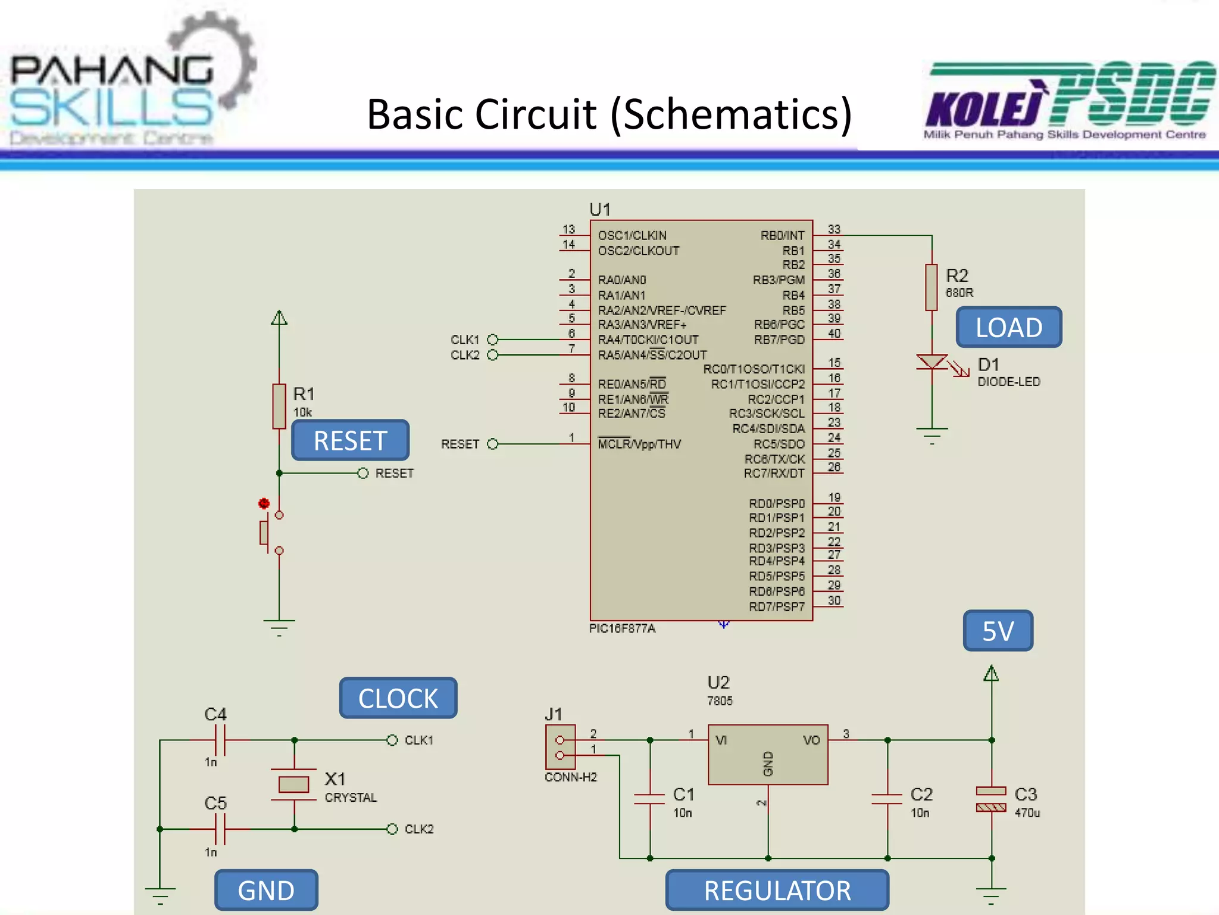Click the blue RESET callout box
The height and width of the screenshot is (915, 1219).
pos(350,441)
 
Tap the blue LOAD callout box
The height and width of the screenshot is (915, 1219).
pos(1008,327)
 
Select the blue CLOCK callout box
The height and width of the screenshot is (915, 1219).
pos(398,698)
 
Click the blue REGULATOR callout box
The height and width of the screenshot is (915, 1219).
pos(777,891)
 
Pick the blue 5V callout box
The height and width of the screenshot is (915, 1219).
pos(998,631)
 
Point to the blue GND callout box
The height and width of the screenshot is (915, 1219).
pos(266,891)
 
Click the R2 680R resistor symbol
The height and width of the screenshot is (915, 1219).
pos(932,287)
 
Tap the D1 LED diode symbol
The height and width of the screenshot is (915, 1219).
pos(932,362)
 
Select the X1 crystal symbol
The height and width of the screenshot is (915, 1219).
pos(293,785)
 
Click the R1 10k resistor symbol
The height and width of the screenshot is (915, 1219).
pos(279,406)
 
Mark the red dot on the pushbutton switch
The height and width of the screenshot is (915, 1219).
pos(264,504)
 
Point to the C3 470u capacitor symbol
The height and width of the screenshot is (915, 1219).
pos(991,799)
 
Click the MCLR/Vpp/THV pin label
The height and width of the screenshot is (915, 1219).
pos(639,444)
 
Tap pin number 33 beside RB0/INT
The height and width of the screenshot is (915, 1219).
pos(834,229)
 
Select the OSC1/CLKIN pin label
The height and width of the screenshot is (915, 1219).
pos(632,235)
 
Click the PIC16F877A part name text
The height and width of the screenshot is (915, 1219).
pos(622,628)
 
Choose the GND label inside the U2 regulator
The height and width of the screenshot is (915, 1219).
pos(768,764)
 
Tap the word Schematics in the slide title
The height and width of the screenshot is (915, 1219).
pos(731,114)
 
